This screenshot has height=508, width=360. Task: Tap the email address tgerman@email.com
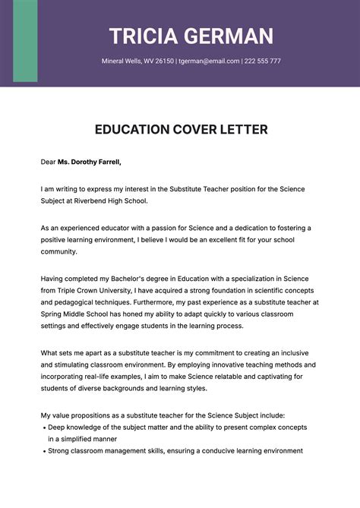209,61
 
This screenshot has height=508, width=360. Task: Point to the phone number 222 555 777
263,61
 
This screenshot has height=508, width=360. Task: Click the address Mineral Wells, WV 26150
137,61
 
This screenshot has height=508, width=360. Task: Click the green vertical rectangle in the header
25,41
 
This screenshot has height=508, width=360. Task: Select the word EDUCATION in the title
134,130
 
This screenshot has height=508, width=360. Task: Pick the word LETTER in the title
242,130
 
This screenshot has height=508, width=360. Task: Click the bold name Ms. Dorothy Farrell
89,162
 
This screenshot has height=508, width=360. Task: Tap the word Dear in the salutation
49,162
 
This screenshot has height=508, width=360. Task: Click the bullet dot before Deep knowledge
43,428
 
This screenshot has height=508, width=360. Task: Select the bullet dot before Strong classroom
43,451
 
